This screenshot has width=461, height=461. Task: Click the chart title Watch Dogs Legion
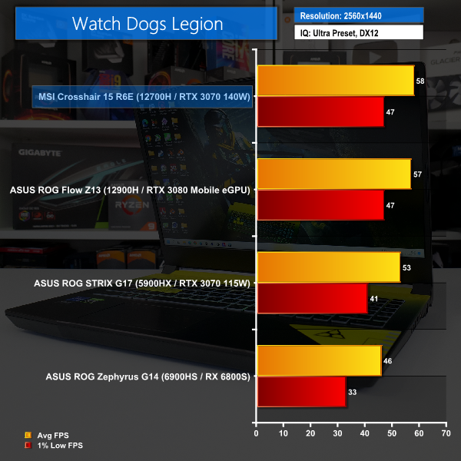[148, 23]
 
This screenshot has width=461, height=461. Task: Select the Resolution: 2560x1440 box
[359, 15]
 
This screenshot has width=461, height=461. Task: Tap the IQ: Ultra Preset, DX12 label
[359, 33]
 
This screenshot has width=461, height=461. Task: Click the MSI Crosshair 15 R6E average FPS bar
[336, 81]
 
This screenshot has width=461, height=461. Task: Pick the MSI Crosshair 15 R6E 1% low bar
[320, 112]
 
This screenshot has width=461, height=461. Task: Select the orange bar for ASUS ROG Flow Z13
[334, 174]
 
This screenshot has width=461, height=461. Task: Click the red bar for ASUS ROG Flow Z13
[320, 205]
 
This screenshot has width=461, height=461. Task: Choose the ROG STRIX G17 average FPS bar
[329, 267]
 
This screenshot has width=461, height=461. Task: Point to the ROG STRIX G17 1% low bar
[313, 299]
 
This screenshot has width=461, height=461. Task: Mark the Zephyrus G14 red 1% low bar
[302, 392]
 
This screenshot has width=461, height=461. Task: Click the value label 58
[419, 81]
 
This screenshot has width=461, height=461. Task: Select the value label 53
[406, 267]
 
